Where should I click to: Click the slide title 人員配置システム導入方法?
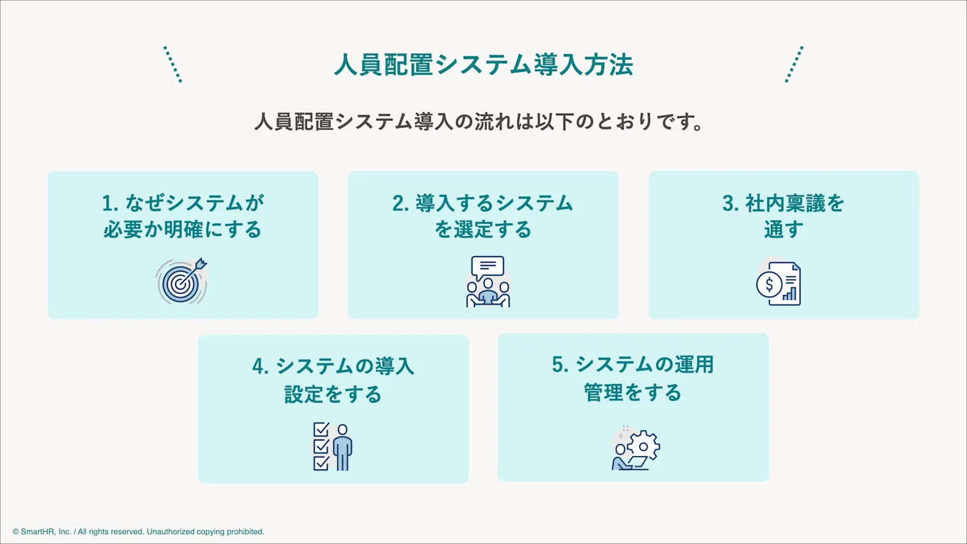click(483, 65)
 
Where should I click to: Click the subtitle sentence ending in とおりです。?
click(479, 122)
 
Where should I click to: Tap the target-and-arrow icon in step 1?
click(182, 282)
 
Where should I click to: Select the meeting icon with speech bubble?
click(488, 282)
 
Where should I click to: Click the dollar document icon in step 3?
click(779, 284)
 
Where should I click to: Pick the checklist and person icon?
click(333, 447)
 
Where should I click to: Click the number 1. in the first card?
click(110, 203)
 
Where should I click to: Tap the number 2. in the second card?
click(401, 203)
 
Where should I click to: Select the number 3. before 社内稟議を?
click(731, 203)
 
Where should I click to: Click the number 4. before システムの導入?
click(260, 367)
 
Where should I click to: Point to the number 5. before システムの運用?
click(560, 365)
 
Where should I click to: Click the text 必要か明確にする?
click(183, 230)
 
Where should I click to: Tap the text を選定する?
click(483, 230)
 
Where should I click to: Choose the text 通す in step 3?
click(784, 230)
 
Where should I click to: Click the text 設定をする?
click(333, 394)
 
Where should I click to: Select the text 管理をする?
click(633, 393)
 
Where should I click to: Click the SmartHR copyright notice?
click(139, 531)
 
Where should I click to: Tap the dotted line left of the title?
click(173, 65)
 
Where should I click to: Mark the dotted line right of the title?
click(794, 65)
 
